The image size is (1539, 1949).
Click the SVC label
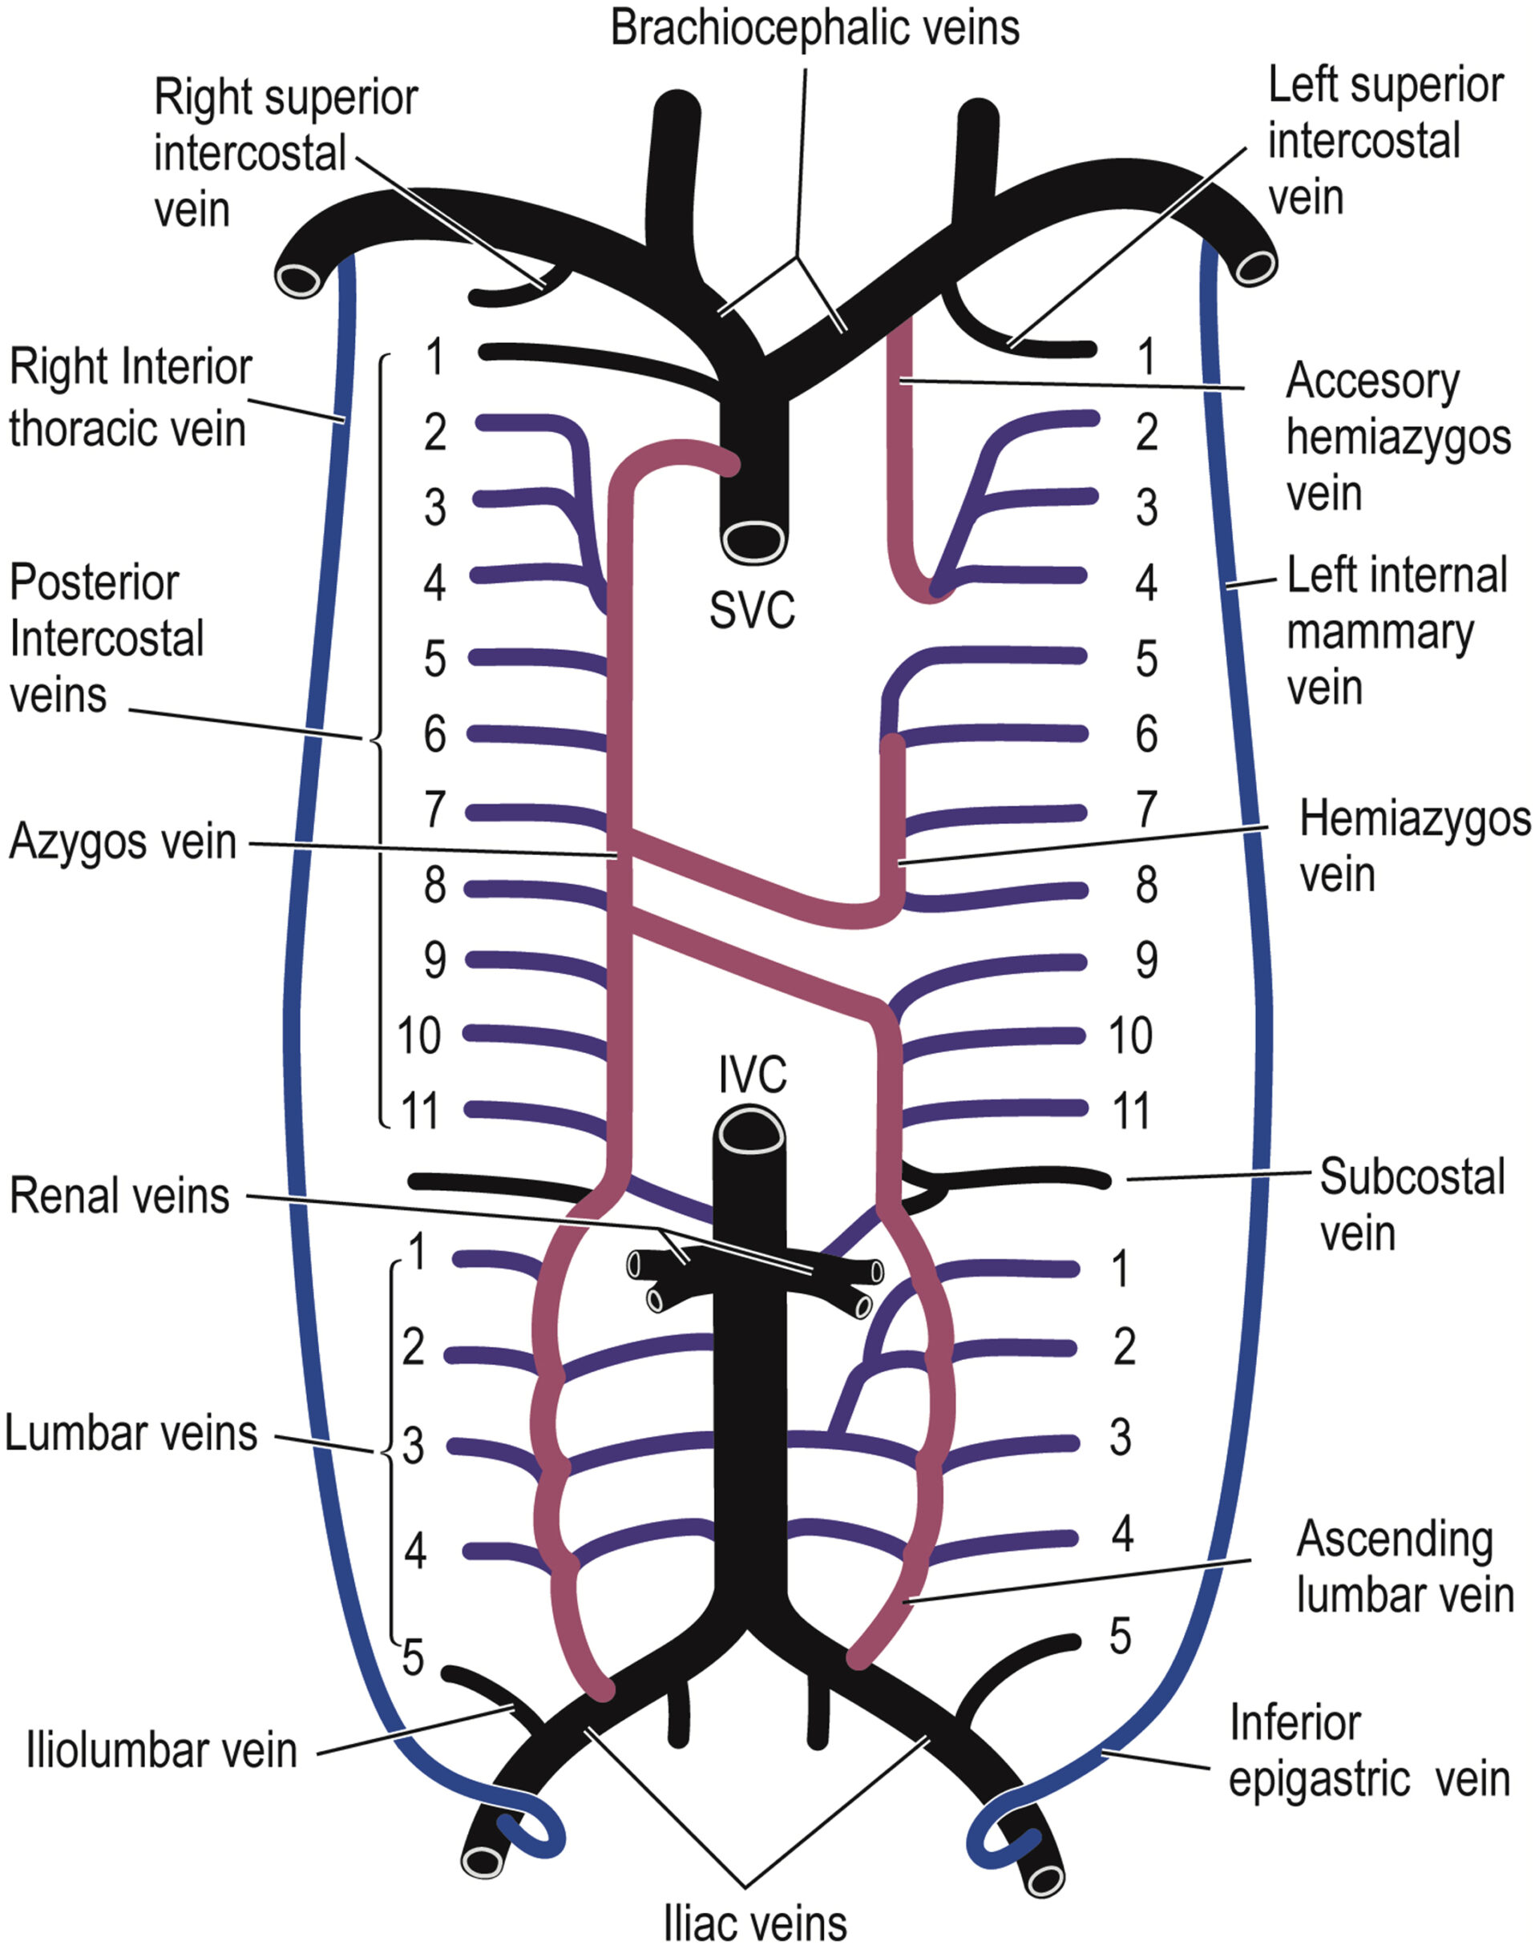pos(752,610)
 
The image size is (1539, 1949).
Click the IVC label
pos(752,1074)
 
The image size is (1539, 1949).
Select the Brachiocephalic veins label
pos(814,28)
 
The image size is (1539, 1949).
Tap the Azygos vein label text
pos(123,842)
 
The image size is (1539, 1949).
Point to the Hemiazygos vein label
pos(1413,846)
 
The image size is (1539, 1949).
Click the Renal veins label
pos(120,1196)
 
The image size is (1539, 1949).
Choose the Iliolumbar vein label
pos(162,1750)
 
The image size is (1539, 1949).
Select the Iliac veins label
pos(755,1923)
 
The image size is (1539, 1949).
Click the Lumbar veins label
pos(131,1432)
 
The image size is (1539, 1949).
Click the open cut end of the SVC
pos(754,541)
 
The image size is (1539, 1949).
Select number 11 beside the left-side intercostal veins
pos(418,1110)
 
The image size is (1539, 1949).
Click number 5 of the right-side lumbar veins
pos(1119,1636)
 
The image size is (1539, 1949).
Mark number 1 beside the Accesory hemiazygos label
pos(1146,356)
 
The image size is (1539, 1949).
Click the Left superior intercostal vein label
pos(1385,141)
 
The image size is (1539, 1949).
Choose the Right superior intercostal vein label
pos(285,153)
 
